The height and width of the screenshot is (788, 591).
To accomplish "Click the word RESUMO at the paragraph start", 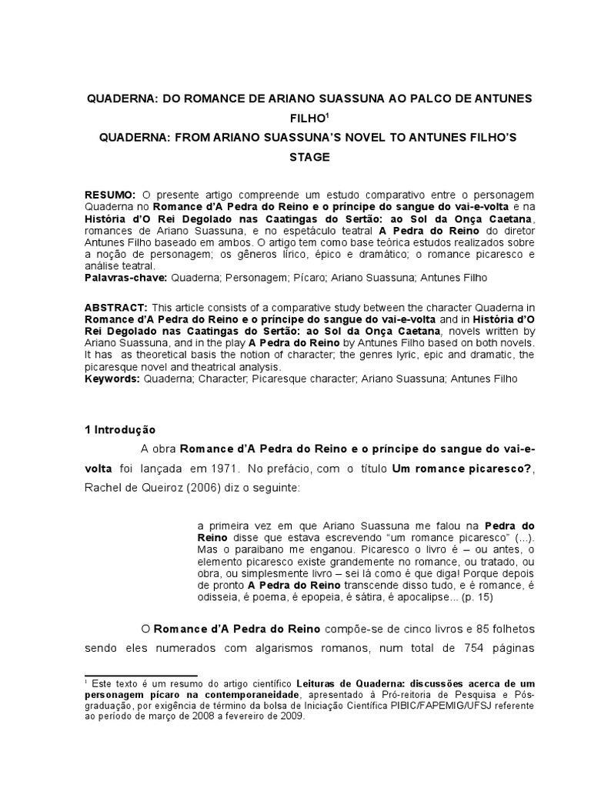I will tap(110, 195).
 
